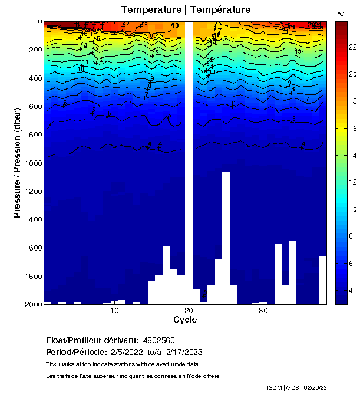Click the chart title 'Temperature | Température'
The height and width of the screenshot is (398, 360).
point(186,10)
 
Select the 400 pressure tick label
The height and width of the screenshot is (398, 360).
point(34,78)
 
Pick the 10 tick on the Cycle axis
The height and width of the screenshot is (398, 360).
point(114,311)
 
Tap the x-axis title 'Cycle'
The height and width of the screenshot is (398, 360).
point(185,320)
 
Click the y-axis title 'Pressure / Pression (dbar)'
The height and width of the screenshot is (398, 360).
point(18,163)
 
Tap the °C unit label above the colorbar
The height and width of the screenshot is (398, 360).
point(341,13)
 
